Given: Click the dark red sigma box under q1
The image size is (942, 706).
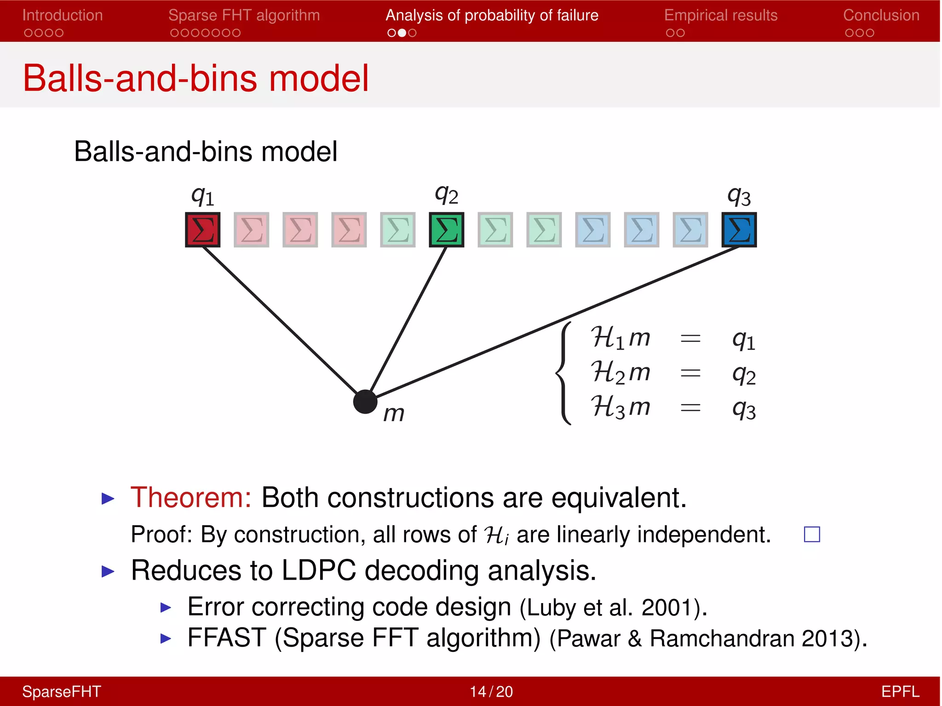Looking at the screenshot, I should click(x=202, y=229).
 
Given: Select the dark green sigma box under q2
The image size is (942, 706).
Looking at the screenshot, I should click(x=446, y=229).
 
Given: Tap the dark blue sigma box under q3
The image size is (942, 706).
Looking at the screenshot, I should click(x=739, y=229).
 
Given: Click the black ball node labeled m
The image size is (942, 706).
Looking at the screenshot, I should click(x=365, y=402).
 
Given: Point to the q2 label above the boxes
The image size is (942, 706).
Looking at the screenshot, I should click(x=446, y=195).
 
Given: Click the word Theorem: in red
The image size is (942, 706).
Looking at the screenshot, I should click(x=191, y=497).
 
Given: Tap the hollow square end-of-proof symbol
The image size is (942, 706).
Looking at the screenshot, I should click(x=812, y=534).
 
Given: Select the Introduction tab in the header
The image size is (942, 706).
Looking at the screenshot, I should click(x=63, y=16).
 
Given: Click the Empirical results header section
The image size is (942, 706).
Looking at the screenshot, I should click(x=720, y=16).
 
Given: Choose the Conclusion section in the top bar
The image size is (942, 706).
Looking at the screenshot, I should click(x=881, y=16).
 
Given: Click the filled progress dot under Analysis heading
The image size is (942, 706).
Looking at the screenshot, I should click(x=402, y=33).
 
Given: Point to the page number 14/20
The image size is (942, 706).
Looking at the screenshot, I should click(x=491, y=691).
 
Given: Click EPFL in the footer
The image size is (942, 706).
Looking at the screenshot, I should click(x=900, y=691).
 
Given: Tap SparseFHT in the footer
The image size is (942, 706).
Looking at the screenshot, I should click(x=62, y=691).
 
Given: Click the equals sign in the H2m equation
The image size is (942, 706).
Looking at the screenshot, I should click(x=690, y=373).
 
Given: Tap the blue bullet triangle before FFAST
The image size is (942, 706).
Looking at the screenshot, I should click(x=166, y=638).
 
